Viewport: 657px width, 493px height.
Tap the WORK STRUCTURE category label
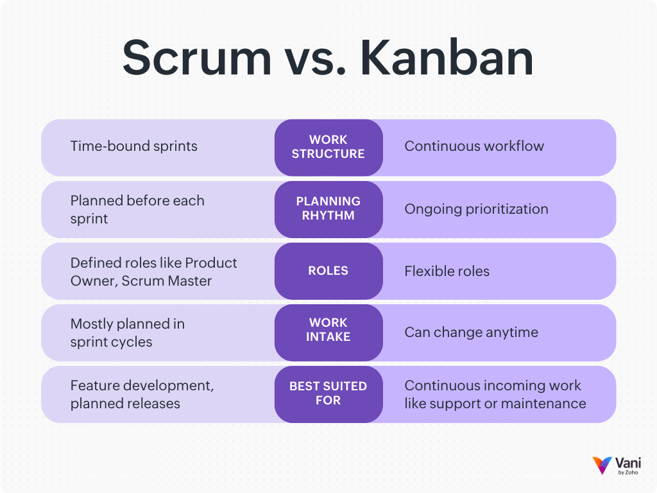(x=328, y=147)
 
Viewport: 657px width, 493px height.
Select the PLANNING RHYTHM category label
(x=328, y=209)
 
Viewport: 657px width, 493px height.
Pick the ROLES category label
(x=328, y=271)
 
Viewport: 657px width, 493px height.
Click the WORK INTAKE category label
(x=328, y=329)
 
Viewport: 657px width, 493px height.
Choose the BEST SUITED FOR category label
(x=328, y=394)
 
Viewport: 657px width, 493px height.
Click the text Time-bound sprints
(x=133, y=146)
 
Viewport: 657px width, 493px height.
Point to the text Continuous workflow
(x=474, y=146)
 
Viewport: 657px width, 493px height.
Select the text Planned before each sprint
(x=137, y=209)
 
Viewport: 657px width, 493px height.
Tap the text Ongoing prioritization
(x=476, y=209)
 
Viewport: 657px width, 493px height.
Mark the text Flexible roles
(x=447, y=272)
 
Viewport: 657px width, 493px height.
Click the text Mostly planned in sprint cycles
(x=127, y=333)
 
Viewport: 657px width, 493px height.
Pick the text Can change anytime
(x=471, y=333)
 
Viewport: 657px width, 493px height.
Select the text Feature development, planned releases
(x=142, y=394)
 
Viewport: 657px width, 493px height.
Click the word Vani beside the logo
(x=628, y=462)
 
